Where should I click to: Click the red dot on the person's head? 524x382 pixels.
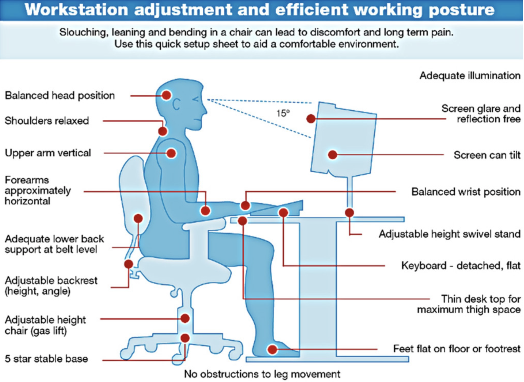[x=166, y=95]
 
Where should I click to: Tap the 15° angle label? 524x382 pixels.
[x=283, y=113]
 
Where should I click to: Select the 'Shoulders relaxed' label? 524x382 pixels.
[x=47, y=121]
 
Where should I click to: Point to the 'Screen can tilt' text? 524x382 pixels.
[x=487, y=155]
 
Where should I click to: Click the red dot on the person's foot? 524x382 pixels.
[x=272, y=350]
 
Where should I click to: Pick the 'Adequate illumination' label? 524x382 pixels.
[x=470, y=76]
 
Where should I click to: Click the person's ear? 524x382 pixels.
[x=176, y=104]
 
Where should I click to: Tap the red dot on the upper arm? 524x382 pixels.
[x=171, y=153]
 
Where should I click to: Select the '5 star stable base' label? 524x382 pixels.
[x=46, y=359]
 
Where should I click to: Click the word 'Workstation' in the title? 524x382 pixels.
[x=76, y=10]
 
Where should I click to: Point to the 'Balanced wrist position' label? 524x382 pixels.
[x=466, y=192]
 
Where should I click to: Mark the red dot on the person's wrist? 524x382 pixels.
[x=245, y=205]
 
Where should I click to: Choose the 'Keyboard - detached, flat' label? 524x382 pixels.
[x=461, y=266]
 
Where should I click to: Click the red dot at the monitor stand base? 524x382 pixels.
[x=349, y=213]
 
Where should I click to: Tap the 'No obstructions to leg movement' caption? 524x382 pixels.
[x=262, y=374]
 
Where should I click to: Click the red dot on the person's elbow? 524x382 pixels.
[x=205, y=211]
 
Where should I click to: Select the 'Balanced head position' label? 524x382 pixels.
[x=60, y=96]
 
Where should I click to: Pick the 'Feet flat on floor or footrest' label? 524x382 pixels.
[x=457, y=349]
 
